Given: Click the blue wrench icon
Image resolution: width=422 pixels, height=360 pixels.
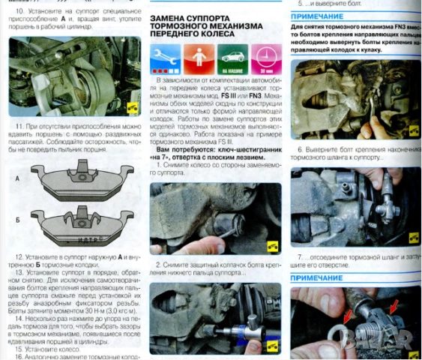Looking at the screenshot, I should tap(164, 57).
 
